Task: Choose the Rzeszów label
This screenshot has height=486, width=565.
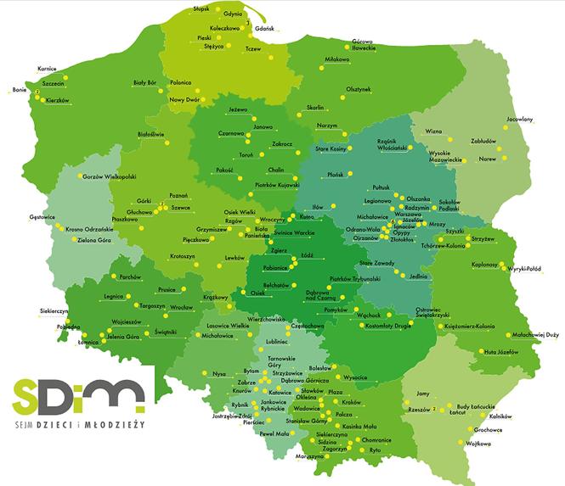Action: (420, 409)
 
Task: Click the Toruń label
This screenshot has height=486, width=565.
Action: (246, 156)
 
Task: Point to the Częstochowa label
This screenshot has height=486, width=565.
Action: (308, 325)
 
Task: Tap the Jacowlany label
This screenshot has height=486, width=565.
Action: (519, 120)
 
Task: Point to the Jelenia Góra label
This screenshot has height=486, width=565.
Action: (123, 337)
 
